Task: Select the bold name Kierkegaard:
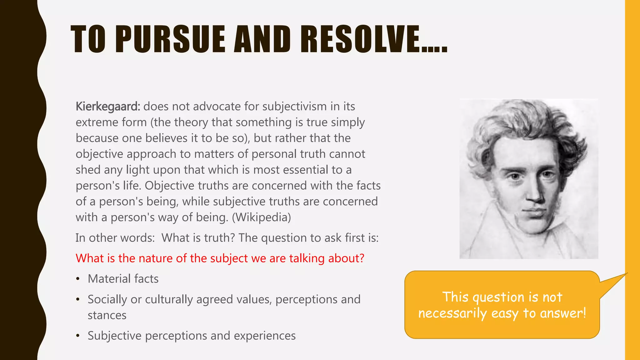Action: click(x=108, y=107)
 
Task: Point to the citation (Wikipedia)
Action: click(x=261, y=217)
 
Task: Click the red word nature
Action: click(x=156, y=258)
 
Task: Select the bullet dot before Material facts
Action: click(x=78, y=279)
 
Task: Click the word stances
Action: click(x=107, y=315)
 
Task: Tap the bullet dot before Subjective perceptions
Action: click(x=78, y=336)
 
